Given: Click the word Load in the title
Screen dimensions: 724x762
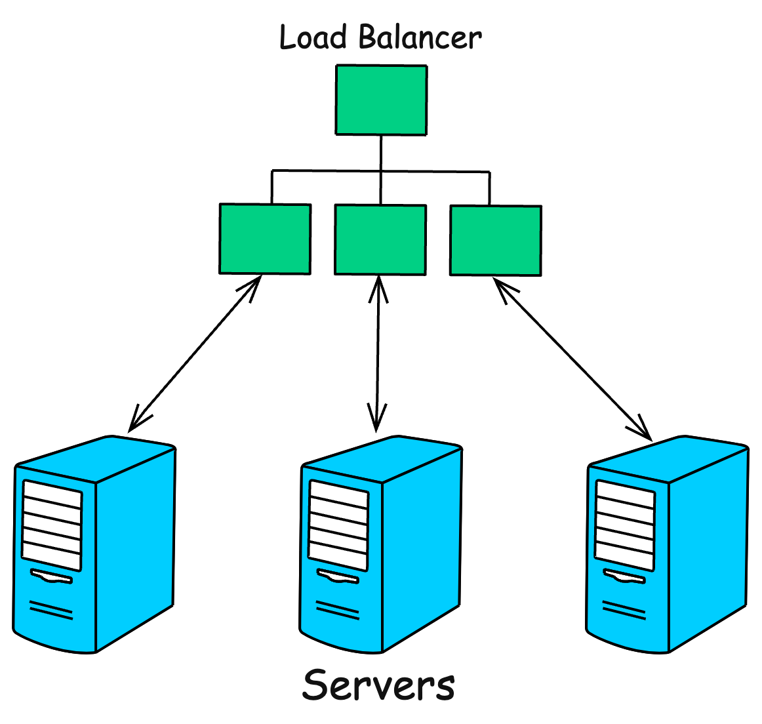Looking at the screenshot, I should (313, 37).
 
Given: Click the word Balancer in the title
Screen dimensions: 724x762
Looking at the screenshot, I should (420, 37).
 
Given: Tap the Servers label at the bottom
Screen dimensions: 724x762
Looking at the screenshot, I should (378, 685).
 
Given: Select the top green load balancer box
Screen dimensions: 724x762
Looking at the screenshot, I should (381, 100).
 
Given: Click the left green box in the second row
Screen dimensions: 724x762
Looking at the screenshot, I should (265, 239).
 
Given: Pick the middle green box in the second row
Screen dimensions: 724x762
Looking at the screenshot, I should (380, 239).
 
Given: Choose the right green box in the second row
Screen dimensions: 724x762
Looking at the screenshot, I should (496, 241).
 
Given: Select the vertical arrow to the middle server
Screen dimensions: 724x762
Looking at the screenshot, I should (378, 354).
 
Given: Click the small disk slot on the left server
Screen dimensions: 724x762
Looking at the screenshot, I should (51, 578).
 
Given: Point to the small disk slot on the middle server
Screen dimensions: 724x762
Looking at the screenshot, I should (338, 578).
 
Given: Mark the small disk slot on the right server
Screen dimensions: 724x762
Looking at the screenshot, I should (624, 578).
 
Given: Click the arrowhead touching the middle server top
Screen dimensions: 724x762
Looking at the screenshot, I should (376, 420).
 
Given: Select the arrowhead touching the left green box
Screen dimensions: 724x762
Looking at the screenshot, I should (252, 286).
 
